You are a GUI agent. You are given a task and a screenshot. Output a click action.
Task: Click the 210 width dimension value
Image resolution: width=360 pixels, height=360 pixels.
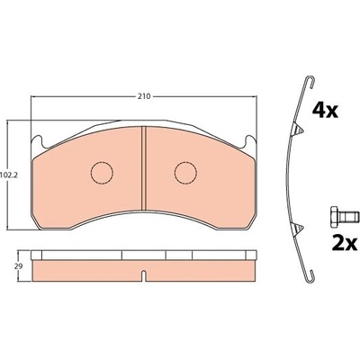coord(144,96)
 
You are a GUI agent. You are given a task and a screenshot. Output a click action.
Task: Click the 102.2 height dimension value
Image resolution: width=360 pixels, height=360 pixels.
coord(9,175)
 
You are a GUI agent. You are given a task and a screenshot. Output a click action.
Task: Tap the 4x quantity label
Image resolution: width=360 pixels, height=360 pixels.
coord(325,110)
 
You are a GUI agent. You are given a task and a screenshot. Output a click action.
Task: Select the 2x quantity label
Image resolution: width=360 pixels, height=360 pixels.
coord(345,243)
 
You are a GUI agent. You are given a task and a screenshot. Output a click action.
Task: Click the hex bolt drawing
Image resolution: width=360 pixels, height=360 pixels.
coord(345,217)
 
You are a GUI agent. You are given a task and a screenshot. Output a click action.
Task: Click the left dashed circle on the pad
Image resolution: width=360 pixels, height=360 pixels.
coord(102,173)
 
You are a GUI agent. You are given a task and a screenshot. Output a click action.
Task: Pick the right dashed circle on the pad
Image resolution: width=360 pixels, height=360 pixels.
coord(185,173)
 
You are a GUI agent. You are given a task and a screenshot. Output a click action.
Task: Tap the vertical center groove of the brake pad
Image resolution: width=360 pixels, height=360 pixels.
coord(143,168)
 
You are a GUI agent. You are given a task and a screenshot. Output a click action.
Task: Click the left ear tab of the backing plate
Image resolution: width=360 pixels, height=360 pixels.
coord(38,141)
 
